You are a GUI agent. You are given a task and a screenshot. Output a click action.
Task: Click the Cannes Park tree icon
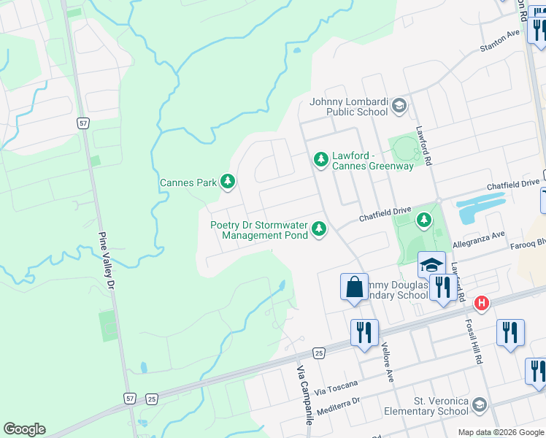pos(228,181)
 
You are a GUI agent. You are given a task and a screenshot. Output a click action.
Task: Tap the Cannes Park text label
pos(188,182)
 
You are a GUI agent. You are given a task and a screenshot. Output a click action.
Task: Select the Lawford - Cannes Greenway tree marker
pos(320,158)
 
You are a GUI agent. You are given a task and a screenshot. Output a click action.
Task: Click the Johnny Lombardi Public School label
pos(349,107)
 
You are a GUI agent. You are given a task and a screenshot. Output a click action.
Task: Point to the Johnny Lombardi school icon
pos(399,107)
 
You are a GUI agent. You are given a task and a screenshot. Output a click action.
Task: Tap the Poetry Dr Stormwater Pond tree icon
pos(318,229)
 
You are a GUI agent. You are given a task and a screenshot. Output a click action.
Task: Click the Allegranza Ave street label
pos(479,237)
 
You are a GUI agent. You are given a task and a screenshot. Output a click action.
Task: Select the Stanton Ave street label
pos(500,41)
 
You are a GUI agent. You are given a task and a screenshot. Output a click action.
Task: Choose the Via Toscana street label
pos(337,385)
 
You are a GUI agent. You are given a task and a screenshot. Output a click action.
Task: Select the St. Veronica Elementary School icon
pos(479,404)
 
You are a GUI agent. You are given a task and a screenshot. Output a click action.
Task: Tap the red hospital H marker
pos(481,302)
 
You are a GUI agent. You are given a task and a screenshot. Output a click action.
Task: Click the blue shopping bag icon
pos(354,285)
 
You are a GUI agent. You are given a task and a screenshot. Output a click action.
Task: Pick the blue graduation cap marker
pos(431,264)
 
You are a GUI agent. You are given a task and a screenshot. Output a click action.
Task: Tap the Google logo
pos(24,429)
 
